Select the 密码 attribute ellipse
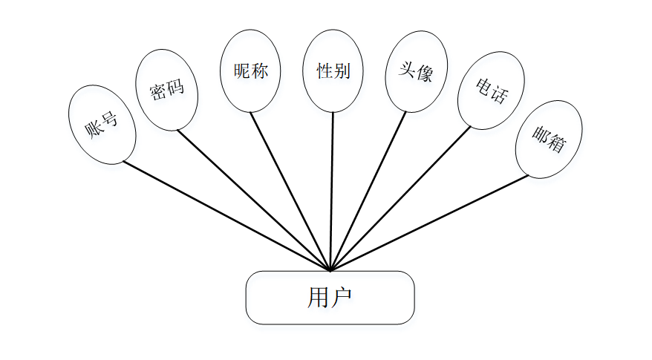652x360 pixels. coord(167,90)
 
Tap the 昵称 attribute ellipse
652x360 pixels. coord(250,71)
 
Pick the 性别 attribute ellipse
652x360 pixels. coord(333,71)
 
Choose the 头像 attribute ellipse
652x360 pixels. coord(416,71)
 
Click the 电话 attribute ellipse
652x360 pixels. coord(490,90)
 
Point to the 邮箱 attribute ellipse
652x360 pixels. coord(549,139)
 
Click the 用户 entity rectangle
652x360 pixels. coord(330,298)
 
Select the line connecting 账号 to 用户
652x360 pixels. coord(223,215)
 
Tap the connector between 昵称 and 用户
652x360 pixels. coord(290,192)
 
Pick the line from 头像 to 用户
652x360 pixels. coord(368,192)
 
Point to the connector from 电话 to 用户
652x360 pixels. coord(401,199)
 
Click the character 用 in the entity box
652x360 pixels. coord(317,298)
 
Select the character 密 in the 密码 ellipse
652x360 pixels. coord(157,94)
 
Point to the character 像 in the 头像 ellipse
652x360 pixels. coord(424,74)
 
